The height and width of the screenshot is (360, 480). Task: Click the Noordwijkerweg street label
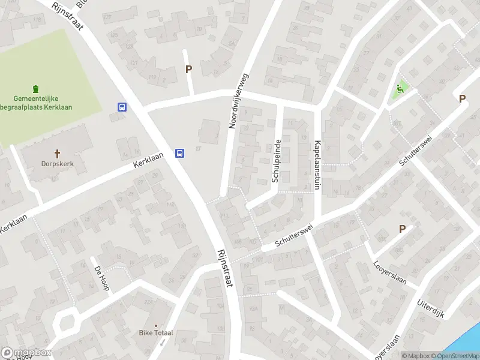[x=238, y=100]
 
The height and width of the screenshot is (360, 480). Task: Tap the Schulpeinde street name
[x=277, y=161]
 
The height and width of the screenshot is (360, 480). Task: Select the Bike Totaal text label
[x=156, y=332]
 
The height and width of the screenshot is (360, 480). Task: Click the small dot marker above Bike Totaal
[x=156, y=324]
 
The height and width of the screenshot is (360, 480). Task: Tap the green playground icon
[x=398, y=91]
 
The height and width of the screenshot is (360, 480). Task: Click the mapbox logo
[x=26, y=353]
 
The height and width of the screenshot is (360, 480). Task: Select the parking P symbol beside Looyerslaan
[x=403, y=229]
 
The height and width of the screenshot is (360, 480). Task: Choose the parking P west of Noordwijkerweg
[x=188, y=70]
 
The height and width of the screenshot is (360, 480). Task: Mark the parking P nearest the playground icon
[x=462, y=99]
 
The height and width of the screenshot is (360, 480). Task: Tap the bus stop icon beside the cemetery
[x=122, y=107]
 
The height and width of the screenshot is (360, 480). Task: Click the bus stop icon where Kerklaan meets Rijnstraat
[x=179, y=153]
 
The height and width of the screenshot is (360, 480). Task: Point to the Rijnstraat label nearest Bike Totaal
[x=224, y=271]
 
